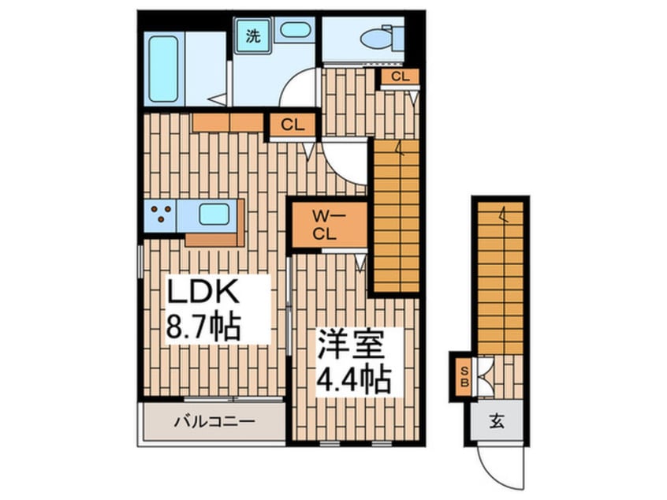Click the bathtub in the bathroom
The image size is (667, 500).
pyautogui.click(x=163, y=69)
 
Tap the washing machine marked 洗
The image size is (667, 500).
pyautogui.click(x=252, y=36)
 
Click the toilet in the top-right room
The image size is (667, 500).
pyautogui.click(x=376, y=36)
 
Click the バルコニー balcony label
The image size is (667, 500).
pyautogui.click(x=214, y=422)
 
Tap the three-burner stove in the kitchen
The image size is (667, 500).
pyautogui.click(x=162, y=215)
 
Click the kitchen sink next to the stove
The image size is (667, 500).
pyautogui.click(x=213, y=214)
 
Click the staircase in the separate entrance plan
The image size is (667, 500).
pyautogui.click(x=500, y=276)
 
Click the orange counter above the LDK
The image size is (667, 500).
pyautogui.click(x=227, y=122)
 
